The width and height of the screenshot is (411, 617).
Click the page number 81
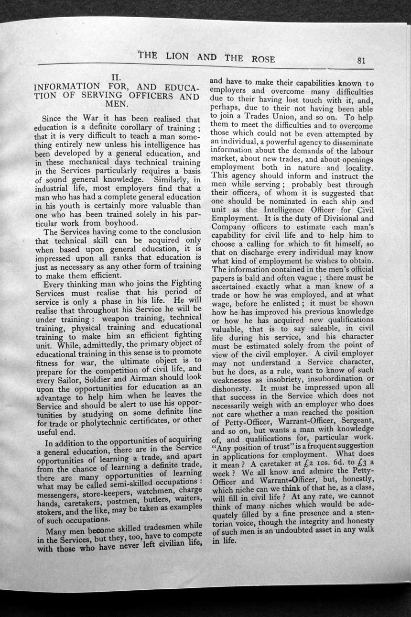pyautogui.click(x=361, y=60)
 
